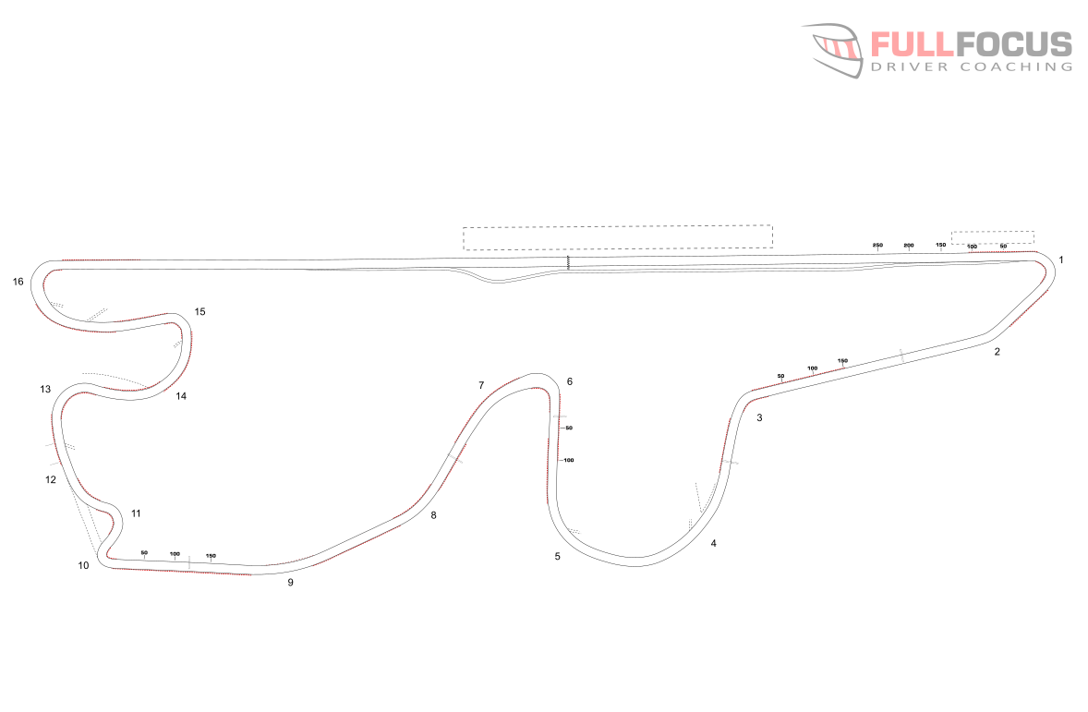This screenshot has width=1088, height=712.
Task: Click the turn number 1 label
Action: pyautogui.click(x=1061, y=260)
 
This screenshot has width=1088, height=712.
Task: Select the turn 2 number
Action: pyautogui.click(x=997, y=352)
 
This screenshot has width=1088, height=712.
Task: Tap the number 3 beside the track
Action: pyautogui.click(x=759, y=418)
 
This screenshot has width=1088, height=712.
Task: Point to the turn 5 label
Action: pyautogui.click(x=557, y=556)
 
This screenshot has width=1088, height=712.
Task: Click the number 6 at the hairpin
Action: pyautogui.click(x=570, y=381)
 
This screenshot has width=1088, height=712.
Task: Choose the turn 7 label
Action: pyautogui.click(x=481, y=385)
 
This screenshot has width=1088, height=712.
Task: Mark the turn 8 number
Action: pyautogui.click(x=433, y=515)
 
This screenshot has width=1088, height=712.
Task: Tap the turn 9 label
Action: pyautogui.click(x=290, y=583)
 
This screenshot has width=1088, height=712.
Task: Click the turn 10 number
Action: pyautogui.click(x=84, y=565)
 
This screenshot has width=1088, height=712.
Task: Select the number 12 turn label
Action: pyautogui.click(x=51, y=480)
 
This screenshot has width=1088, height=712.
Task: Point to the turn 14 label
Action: pyautogui.click(x=181, y=396)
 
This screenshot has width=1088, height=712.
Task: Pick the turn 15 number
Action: pyautogui.click(x=199, y=311)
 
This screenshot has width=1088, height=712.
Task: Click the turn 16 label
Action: pyautogui.click(x=18, y=282)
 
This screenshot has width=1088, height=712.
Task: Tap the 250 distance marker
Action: pyautogui.click(x=877, y=245)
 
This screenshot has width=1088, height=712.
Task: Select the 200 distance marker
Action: pyautogui.click(x=909, y=245)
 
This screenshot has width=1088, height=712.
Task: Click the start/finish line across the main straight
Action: pyautogui.click(x=568, y=263)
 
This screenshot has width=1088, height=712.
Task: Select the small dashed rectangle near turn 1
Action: pyautogui.click(x=992, y=237)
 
